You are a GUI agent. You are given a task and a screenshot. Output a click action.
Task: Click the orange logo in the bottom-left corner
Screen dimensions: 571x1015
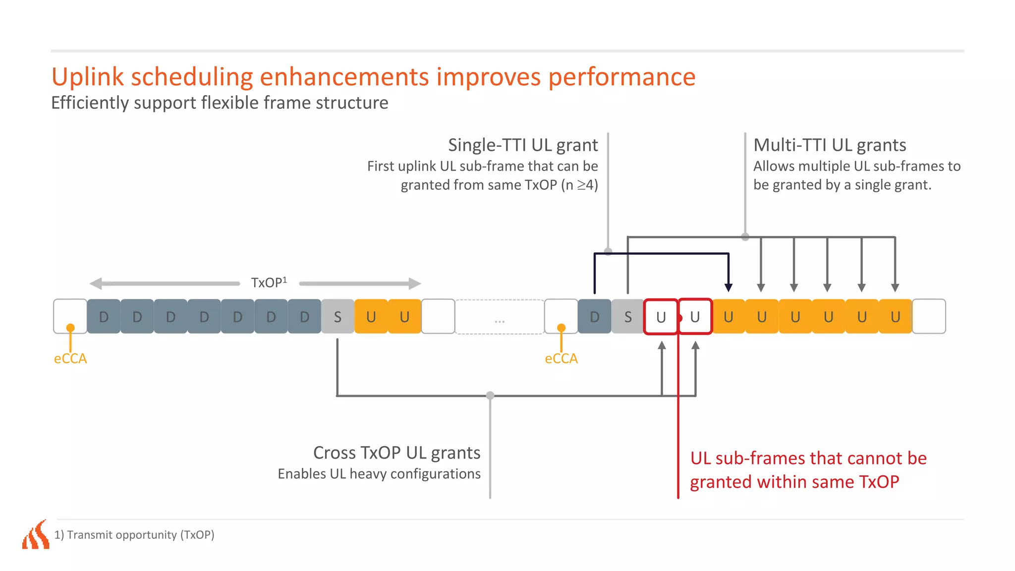[36, 535]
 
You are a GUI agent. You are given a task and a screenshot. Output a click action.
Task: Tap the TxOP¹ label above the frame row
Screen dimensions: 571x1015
[269, 283]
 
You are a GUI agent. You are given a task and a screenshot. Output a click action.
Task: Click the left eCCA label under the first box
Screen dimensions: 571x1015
[70, 358]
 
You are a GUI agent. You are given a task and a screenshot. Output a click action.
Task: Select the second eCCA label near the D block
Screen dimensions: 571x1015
[561, 358]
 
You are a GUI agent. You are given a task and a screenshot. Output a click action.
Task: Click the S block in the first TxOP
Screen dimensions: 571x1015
[338, 317]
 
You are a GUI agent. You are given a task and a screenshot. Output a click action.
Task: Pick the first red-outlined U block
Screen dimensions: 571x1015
[661, 317]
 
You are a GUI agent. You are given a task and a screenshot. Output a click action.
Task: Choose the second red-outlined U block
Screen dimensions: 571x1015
[695, 317]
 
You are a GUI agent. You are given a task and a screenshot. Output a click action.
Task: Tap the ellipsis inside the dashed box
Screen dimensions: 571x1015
[500, 321]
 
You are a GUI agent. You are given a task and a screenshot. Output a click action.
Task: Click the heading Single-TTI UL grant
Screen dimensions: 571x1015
[523, 145]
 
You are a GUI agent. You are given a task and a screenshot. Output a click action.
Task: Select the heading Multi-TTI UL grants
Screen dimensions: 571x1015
[830, 145]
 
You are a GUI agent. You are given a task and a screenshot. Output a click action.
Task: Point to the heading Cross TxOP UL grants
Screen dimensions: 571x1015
[396, 453]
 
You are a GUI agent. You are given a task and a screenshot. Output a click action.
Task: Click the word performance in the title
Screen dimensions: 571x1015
[621, 77]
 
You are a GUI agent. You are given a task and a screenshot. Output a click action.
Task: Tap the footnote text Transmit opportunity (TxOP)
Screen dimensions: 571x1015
[140, 535]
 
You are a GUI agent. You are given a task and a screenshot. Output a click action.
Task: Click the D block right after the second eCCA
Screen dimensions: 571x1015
[594, 317]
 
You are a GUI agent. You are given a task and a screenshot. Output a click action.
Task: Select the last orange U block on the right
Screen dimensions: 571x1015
[895, 317]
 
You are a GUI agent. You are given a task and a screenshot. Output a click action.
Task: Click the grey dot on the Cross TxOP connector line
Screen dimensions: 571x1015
[490, 395]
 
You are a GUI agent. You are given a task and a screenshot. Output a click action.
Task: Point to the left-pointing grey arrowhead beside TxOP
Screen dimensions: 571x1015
[96, 284]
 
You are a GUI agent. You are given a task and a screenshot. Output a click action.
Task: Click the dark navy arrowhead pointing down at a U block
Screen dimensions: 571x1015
[728, 287]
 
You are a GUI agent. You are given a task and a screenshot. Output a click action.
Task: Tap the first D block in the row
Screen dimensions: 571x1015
[104, 317]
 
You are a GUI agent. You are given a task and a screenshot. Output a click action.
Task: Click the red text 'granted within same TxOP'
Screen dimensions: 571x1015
[794, 482]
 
